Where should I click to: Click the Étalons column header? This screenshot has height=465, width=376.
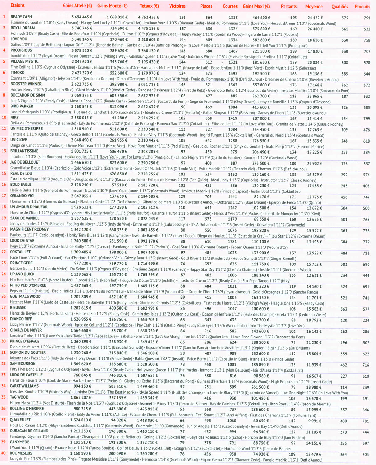[18, 5]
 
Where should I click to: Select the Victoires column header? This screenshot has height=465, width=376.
[177, 6]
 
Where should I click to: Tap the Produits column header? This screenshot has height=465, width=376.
[363, 6]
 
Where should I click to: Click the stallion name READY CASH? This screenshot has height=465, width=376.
[21, 17]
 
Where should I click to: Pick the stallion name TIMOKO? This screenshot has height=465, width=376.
[18, 73]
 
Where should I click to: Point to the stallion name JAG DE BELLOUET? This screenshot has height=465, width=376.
[25, 162]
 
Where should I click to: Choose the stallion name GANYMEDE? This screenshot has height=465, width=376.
[19, 442]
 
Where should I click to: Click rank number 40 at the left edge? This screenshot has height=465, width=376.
[3, 453]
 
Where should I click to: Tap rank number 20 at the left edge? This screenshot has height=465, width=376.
[4, 229]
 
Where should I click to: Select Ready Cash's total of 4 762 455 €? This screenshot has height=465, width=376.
[149, 17]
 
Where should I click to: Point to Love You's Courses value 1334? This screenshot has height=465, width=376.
[233, 40]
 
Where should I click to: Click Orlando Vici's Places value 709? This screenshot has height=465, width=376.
[208, 197]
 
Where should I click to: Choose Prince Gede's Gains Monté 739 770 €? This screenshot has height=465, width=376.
[118, 264]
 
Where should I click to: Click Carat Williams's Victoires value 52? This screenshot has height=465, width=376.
[182, 387]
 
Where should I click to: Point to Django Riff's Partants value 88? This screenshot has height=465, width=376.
[293, 320]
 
